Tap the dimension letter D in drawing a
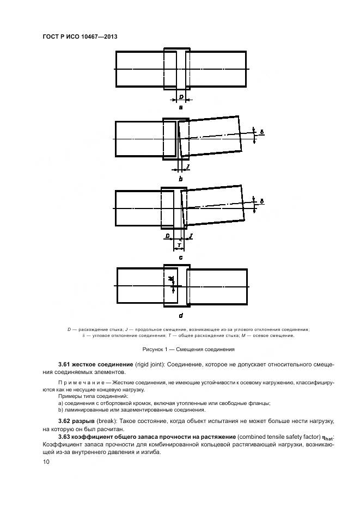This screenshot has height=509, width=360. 181,97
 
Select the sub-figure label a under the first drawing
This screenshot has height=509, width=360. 181,108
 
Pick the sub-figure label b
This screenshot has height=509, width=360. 181,179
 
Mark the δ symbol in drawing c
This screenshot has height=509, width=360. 262,201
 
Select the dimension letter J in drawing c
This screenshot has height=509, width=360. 191,236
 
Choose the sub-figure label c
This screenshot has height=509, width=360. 181,256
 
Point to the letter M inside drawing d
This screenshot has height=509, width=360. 171,279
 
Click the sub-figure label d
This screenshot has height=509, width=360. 181,315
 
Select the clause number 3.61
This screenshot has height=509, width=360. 66,363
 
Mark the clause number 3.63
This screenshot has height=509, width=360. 66,438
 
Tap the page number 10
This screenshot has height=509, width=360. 46,462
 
